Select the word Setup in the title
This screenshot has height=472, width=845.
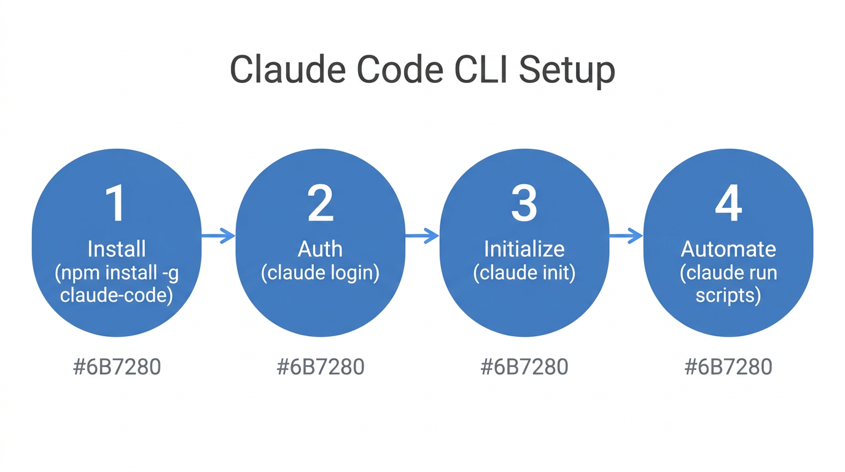(567, 71)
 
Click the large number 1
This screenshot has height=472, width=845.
(116, 204)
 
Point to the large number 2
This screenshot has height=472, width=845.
(320, 204)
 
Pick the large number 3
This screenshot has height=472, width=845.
(524, 204)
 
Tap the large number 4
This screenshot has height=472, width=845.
(728, 204)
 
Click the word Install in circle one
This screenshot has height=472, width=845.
(116, 249)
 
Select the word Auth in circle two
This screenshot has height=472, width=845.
(320, 249)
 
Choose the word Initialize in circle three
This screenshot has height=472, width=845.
(524, 249)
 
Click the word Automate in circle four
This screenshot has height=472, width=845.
(728, 249)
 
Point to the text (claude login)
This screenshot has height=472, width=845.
(320, 272)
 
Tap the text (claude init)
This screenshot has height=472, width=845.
(524, 272)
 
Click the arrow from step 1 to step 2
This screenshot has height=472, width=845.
(219, 235)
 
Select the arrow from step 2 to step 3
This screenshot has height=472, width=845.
(422, 235)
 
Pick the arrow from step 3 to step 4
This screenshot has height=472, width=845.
(626, 235)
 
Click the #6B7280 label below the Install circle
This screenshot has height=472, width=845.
(117, 367)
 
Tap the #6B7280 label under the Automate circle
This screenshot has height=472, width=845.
(728, 367)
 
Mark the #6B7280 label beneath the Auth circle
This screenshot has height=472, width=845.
(321, 367)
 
